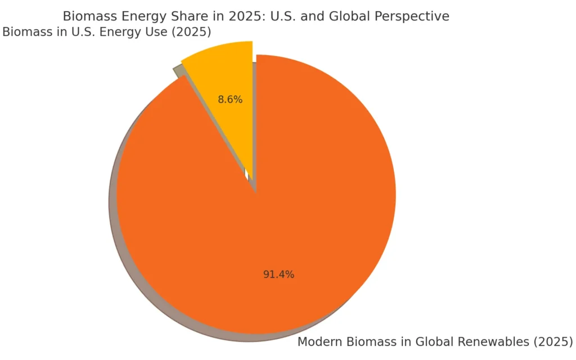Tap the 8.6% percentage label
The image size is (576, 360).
pos(230,100)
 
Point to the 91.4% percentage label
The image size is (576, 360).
pos(278,274)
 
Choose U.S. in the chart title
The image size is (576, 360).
pos(281,16)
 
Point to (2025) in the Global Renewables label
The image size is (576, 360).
pos(551,341)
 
